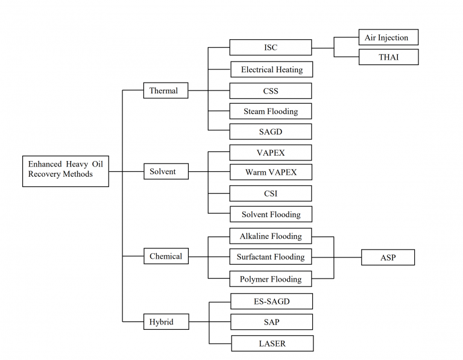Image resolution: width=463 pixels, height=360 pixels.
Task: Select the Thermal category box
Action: click(165, 91)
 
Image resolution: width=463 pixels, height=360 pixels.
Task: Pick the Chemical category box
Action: click(165, 256)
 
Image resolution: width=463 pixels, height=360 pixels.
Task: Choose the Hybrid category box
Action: click(165, 322)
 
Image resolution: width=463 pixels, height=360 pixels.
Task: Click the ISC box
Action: click(271, 48)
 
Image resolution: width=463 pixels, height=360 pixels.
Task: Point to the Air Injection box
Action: click(388, 38)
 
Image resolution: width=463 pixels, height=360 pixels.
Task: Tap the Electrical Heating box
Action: click(271, 69)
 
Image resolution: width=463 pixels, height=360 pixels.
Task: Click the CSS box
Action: click(271, 91)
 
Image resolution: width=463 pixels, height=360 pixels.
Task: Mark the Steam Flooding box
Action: click(271, 112)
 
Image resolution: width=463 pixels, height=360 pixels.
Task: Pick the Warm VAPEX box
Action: click(271, 172)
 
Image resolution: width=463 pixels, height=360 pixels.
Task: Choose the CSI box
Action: click(271, 194)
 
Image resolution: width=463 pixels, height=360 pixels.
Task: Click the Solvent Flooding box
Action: click(271, 214)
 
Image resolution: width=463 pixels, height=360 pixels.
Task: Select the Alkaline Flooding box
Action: click(271, 236)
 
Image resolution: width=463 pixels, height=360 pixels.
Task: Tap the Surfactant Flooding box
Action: click(271, 257)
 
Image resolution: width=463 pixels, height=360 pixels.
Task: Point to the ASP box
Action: click(388, 257)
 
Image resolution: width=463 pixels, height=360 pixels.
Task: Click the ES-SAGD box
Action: click(272, 301)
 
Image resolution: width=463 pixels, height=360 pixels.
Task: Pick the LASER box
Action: click(272, 344)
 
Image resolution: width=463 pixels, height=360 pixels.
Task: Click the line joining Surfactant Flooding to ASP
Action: click(347, 257)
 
